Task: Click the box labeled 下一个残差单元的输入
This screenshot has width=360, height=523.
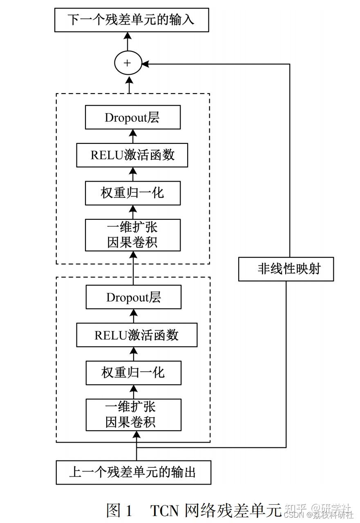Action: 132,19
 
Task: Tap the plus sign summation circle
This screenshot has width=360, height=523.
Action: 127,63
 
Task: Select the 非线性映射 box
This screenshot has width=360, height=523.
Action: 286,269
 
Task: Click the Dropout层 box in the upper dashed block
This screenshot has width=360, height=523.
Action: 132,118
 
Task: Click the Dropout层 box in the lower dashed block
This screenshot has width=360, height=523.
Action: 133,297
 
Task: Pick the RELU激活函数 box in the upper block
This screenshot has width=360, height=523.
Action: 132,155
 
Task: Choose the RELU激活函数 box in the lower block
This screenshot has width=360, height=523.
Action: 136,335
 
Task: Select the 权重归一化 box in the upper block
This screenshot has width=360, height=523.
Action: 132,193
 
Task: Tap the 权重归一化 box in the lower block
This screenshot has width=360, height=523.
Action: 133,373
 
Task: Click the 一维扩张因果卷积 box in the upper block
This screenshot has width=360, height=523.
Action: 132,235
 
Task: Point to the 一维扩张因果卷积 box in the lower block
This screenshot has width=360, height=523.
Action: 133,415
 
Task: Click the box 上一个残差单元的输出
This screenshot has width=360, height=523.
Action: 133,473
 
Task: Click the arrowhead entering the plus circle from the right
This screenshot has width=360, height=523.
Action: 145,64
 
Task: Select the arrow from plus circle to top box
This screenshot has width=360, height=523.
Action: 127,41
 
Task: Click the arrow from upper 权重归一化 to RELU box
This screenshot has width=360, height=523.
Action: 132,174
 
